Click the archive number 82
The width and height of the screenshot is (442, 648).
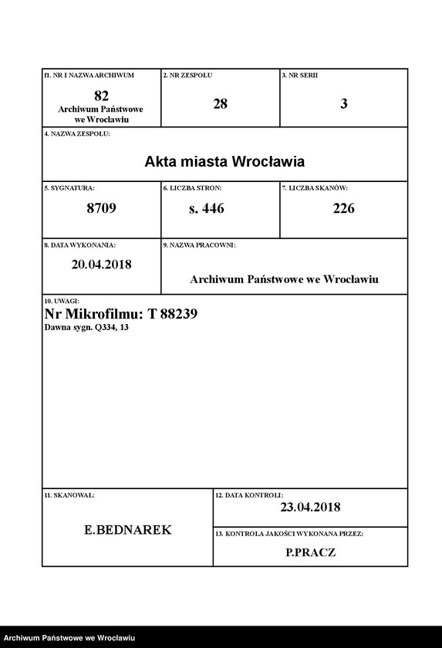pos(101,96)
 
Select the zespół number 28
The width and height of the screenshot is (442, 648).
pos(221,103)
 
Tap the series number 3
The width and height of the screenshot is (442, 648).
pos(343,103)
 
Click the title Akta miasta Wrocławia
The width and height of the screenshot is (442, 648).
pos(224,162)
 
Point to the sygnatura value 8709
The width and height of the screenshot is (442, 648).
pos(101,208)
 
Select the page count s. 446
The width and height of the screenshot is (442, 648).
pos(206,208)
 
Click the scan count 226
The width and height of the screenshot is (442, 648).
pos(343,208)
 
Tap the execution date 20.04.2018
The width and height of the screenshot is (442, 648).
pos(101,264)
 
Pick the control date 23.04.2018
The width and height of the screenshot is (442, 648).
pos(310,507)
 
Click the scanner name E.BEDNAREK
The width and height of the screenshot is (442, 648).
pos(128,530)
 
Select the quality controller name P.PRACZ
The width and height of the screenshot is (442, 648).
pos(310,552)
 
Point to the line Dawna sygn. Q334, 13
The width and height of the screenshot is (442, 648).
pos(86,328)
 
